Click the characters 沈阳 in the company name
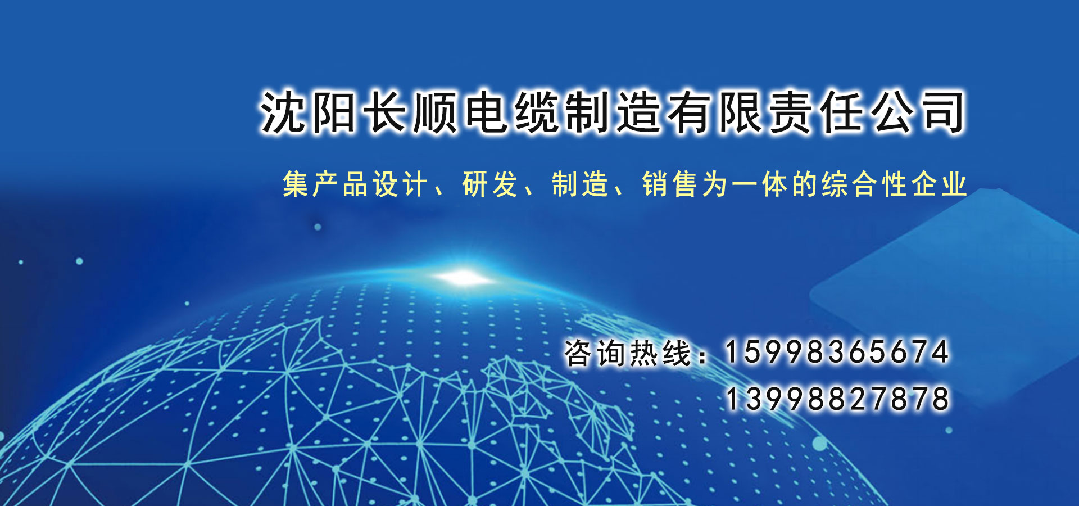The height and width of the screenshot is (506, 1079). tap(308, 112)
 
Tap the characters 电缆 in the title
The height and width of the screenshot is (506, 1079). tap(513, 112)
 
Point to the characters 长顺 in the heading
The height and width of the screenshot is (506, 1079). tap(410, 112)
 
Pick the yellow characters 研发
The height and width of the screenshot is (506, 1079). tap(489, 184)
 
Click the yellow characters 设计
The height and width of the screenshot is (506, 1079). tap(400, 184)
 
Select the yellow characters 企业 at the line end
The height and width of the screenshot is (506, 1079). tap(939, 184)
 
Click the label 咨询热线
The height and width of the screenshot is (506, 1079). tap(628, 353)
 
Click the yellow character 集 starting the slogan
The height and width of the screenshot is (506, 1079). tap(296, 184)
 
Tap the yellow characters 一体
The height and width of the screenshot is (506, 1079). tap(759, 184)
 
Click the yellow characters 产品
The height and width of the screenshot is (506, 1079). tap(340, 184)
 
